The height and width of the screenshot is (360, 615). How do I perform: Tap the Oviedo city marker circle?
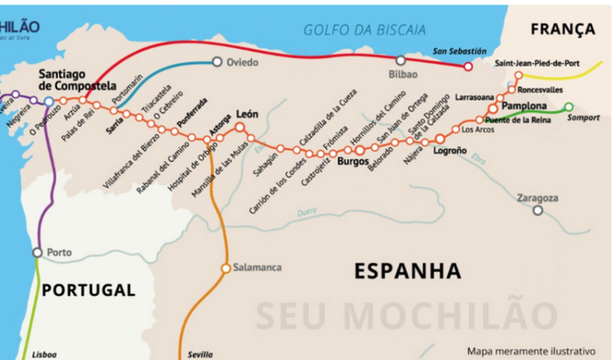tap(217, 62)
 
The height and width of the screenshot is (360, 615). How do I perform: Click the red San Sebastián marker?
tap(468, 66)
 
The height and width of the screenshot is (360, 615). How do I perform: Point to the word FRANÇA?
tap(562, 30)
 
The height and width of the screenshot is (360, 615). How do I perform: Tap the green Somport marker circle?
tap(568, 107)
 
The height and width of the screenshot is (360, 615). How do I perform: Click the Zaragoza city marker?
tap(537, 210)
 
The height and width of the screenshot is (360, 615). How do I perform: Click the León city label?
tap(247, 115)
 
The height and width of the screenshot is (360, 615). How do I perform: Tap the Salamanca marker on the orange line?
tap(226, 268)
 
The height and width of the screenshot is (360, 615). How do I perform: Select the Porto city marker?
tap(37, 253)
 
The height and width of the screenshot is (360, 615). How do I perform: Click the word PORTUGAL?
tap(89, 290)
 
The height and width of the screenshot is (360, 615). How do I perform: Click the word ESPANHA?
tap(408, 270)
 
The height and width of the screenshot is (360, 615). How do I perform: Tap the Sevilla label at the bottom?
tap(199, 354)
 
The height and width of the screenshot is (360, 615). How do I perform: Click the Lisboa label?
tap(44, 354)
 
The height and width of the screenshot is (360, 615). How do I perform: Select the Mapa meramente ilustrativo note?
tap(537, 349)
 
